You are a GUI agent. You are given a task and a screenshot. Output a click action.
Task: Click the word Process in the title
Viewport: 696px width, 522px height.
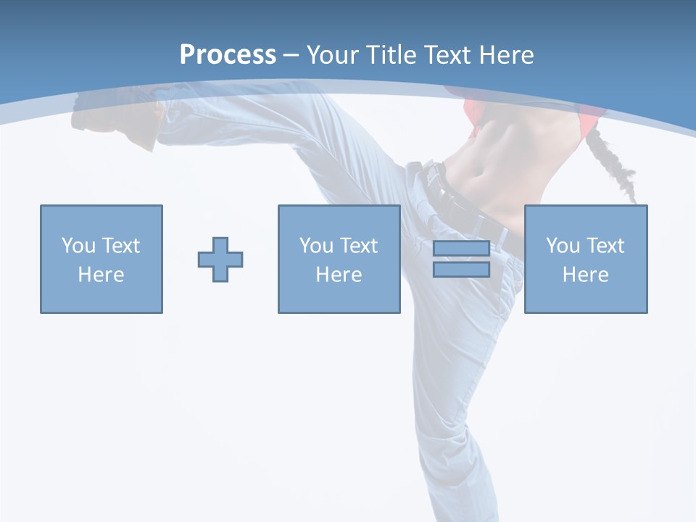tap(228, 55)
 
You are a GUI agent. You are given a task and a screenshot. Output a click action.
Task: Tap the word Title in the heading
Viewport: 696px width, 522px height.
tap(389, 55)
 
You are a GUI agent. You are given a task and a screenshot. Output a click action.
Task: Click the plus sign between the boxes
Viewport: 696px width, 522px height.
tap(220, 260)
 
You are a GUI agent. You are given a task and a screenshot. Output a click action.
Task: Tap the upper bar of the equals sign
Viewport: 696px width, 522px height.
tap(461, 248)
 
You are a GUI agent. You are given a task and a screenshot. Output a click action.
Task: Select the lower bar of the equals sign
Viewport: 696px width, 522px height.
tap(461, 270)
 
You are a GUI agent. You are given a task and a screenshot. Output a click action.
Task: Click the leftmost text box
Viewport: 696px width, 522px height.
tap(101, 259)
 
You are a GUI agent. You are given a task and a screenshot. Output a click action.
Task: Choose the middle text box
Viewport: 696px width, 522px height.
tap(339, 259)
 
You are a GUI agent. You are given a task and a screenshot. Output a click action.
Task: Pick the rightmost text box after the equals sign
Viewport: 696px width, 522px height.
tap(586, 259)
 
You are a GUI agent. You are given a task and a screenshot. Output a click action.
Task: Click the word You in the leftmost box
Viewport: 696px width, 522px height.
tap(78, 245)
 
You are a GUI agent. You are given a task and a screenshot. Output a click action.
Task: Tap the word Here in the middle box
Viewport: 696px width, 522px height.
tap(339, 275)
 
